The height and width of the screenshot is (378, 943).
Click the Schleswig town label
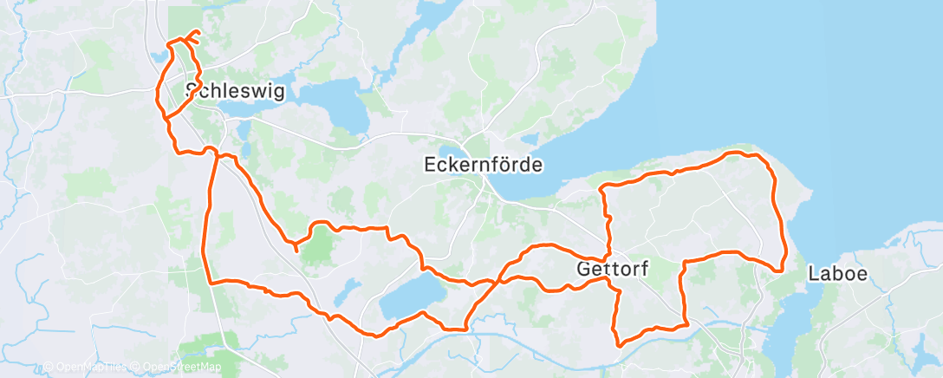point(235,91)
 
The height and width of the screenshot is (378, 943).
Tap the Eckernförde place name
point(483,164)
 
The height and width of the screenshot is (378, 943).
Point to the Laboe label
point(836,274)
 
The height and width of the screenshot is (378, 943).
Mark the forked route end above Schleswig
point(192,36)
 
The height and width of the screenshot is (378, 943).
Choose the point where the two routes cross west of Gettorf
point(498,282)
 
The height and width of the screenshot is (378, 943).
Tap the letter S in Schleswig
point(193,92)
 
